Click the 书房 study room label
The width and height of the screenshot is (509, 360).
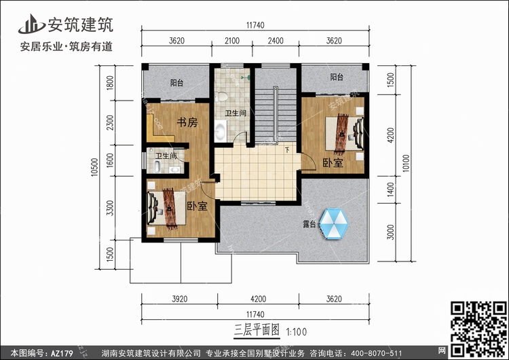(187, 122)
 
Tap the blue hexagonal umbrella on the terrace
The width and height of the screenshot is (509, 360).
(333, 224)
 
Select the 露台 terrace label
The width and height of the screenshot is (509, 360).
(309, 224)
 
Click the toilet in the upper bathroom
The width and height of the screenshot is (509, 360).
(222, 96)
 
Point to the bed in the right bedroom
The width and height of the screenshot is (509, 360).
(344, 134)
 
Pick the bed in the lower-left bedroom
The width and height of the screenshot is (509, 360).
(166, 208)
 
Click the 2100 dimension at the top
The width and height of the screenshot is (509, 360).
(232, 41)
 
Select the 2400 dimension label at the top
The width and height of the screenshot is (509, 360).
(276, 41)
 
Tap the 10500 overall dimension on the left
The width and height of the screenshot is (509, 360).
(94, 167)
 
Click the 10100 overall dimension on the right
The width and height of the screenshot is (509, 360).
(406, 164)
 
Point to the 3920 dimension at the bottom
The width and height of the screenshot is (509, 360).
(180, 299)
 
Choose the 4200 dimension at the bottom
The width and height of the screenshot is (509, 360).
(259, 299)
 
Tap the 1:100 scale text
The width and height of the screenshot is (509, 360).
(296, 332)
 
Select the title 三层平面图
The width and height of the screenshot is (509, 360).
(257, 330)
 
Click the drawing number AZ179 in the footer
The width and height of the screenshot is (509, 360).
(62, 353)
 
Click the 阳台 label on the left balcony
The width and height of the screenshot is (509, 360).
(177, 83)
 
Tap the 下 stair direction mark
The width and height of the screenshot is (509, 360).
(287, 150)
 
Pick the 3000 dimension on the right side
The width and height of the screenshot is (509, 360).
(390, 232)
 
